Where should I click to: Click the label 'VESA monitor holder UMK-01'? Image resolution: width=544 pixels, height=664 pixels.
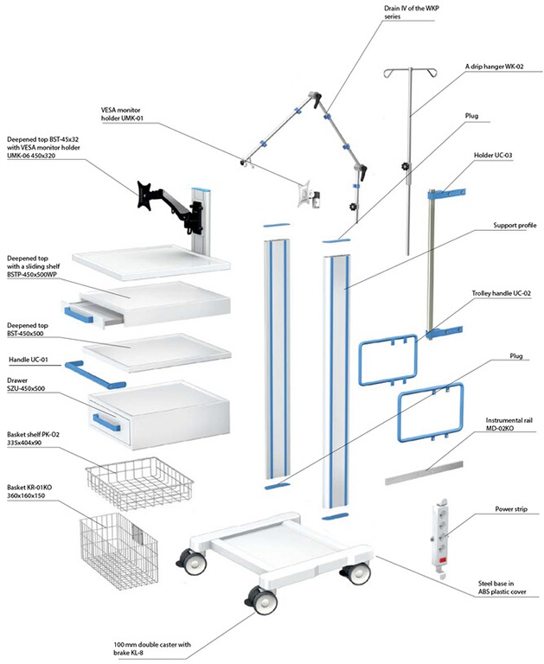tap(131, 114)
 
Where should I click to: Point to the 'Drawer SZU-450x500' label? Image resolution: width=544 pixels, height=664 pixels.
tap(26, 384)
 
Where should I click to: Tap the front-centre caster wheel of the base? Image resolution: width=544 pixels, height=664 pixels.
tap(259, 599)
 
